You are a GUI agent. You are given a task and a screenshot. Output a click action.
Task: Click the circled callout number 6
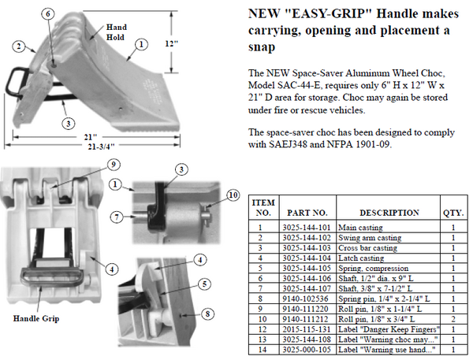coord(48,14)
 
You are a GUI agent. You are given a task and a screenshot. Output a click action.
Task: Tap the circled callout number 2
coord(19,46)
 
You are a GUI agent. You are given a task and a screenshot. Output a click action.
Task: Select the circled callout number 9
coord(114,165)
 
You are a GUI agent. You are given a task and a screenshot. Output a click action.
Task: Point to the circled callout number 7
coord(117,217)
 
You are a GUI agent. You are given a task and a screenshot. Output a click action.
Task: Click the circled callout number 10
coord(233,195)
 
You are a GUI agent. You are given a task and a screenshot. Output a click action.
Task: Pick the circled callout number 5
coord(204,284)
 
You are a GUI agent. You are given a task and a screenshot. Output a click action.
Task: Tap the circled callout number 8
coord(207,314)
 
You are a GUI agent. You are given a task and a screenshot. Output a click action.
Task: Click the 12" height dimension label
coord(171,43)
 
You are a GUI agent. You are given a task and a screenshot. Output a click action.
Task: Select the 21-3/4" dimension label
coord(102,147)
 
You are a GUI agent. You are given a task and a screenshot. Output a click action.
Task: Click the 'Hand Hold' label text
coord(116,32)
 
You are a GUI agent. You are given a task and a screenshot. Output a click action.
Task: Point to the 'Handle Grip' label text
coord(36,318)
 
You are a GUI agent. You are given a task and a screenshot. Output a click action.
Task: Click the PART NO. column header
coord(307,213)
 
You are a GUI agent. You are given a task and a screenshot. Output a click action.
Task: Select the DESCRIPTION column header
coord(389,213)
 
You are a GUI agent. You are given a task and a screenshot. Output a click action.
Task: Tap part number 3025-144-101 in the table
coord(307,228)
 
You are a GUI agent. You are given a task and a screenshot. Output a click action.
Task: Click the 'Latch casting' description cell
coord(361,258)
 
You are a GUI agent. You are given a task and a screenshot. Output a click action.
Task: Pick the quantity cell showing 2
coord(453,319)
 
